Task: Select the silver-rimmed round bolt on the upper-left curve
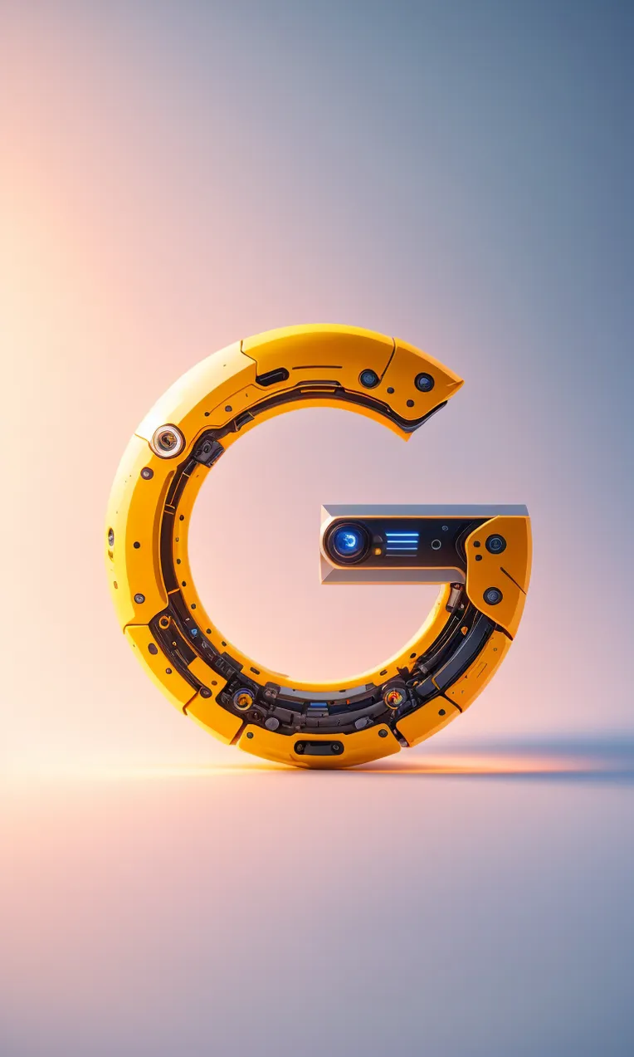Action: coord(167,440)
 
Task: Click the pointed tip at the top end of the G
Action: coord(461,379)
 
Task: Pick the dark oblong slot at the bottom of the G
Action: coord(319,747)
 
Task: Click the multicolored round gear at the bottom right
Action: coord(394,697)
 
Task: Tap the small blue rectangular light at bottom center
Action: coord(318,706)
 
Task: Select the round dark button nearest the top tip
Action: coord(424,382)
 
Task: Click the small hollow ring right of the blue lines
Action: coord(436,545)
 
